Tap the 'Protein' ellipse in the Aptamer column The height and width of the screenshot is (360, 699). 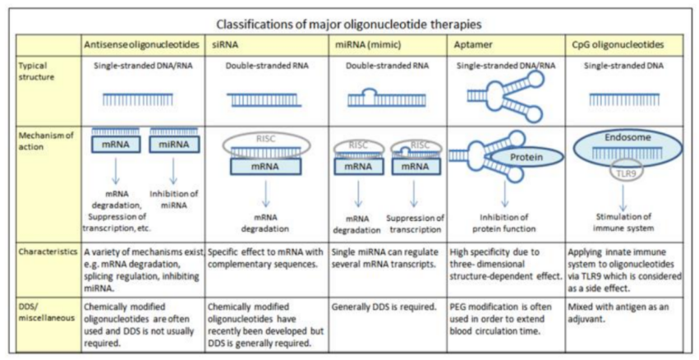click(525, 156)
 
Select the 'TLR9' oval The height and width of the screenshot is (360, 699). click(625, 174)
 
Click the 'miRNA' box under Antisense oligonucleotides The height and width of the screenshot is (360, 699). click(175, 145)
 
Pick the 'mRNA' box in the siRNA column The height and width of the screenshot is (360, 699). click(264, 165)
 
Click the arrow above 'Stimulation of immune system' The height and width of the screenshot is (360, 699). click(625, 197)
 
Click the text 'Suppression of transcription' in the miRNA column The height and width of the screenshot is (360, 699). click(416, 223)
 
